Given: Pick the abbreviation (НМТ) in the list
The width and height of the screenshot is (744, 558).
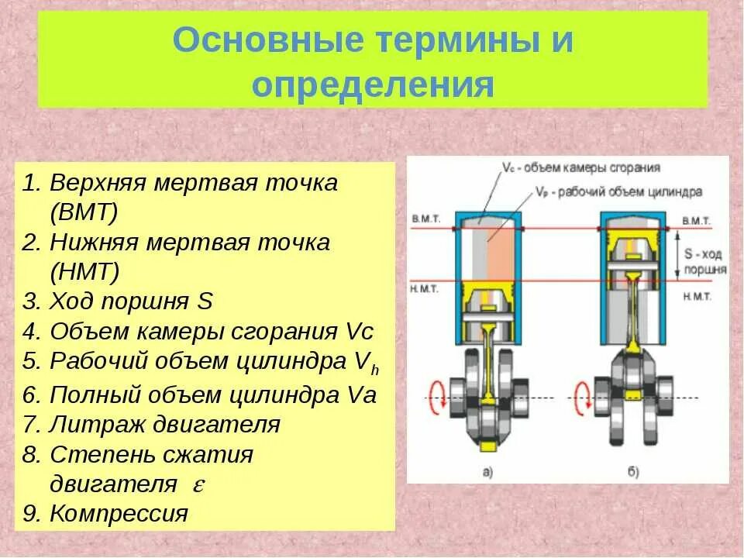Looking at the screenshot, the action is coord(84,272).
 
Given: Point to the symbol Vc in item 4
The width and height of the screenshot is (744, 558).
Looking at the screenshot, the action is coord(356,332).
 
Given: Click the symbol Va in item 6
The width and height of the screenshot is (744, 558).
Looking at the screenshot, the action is coord(358,394).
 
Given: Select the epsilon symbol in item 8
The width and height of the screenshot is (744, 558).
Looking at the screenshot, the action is coord(198,484).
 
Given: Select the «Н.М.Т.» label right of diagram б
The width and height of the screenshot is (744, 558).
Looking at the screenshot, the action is coord(697,296).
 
